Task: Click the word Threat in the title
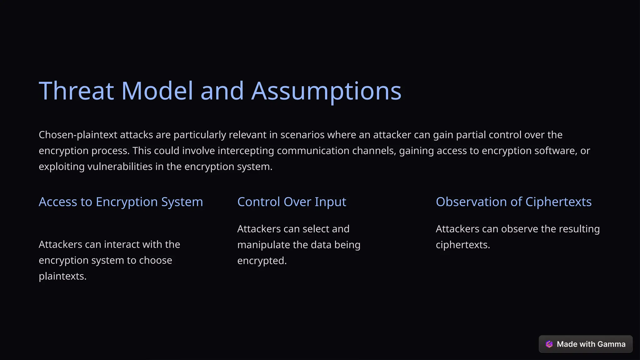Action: click(x=76, y=91)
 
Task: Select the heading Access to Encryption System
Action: click(x=121, y=202)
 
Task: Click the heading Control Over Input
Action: click(x=292, y=202)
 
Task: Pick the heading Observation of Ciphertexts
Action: click(x=513, y=202)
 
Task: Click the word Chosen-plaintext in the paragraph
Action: click(x=78, y=135)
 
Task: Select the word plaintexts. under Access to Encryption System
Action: click(x=62, y=276)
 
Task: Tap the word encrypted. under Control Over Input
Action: click(x=262, y=261)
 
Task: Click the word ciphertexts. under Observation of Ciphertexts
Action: click(x=462, y=245)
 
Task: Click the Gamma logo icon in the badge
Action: click(x=549, y=344)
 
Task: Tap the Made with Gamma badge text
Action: click(x=591, y=344)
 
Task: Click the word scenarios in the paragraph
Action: click(x=302, y=135)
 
